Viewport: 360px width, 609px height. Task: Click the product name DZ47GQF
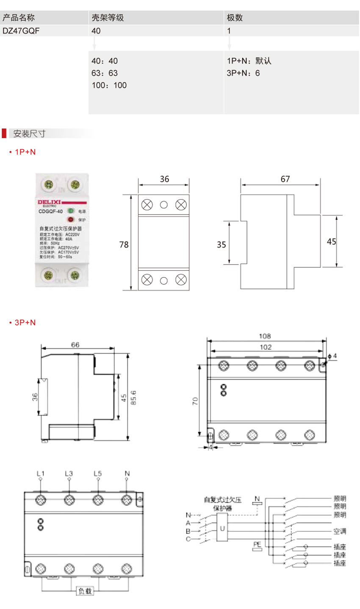tap(21, 31)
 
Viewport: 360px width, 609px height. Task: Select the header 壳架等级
tap(108, 18)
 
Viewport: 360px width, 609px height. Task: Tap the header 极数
tap(235, 18)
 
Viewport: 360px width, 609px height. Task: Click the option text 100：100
tap(109, 85)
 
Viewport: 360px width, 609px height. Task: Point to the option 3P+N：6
tap(243, 73)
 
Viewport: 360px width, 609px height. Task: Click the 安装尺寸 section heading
tap(29, 133)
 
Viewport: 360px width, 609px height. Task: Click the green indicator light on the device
tap(70, 211)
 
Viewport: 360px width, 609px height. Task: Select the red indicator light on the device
tap(70, 220)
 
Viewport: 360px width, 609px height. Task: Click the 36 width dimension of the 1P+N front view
tap(164, 179)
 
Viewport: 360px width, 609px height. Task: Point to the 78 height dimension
tap(124, 245)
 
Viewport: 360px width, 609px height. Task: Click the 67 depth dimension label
tap(285, 179)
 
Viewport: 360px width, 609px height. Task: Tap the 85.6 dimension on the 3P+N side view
tap(133, 398)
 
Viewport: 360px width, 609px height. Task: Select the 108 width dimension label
tap(265, 336)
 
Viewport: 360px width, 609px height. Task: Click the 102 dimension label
tap(266, 347)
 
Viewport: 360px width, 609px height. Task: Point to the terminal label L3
tap(69, 473)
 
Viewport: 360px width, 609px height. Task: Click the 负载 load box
tap(84, 590)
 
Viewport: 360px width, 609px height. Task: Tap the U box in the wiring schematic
tap(222, 528)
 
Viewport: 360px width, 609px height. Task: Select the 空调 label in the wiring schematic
tap(340, 531)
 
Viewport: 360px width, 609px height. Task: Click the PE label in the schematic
tap(257, 544)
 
